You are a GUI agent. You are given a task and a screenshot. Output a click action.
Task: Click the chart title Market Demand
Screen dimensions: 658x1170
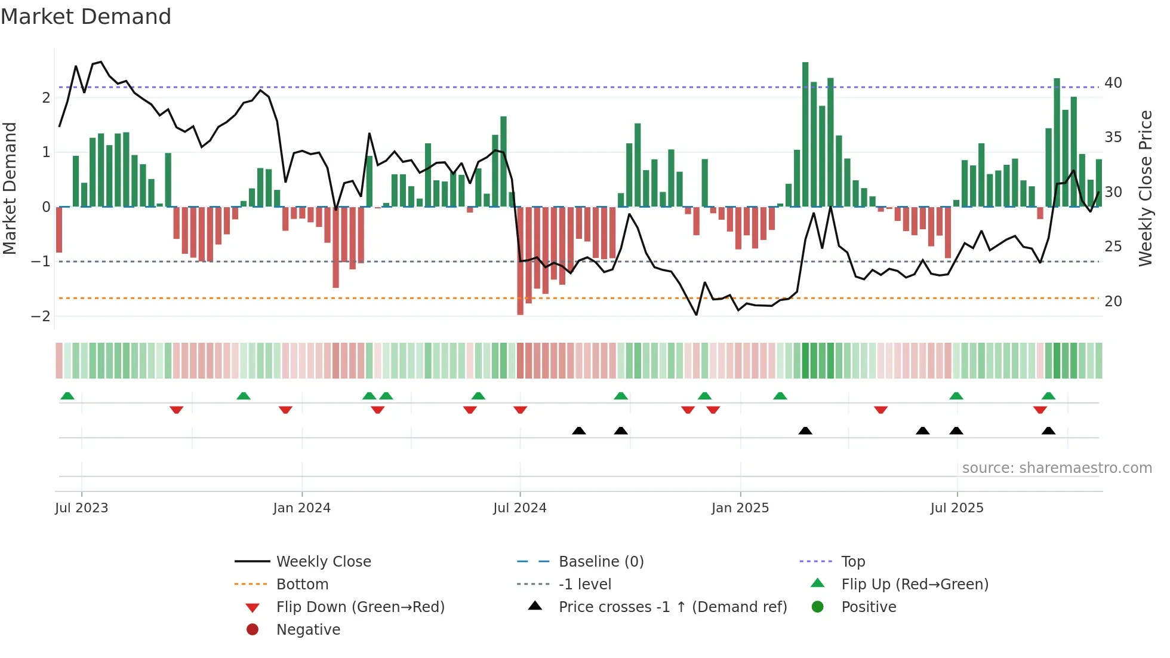86,17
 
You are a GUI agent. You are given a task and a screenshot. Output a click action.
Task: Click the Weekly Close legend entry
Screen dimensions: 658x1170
323,561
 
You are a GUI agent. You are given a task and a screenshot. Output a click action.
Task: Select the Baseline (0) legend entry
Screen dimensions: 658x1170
601,561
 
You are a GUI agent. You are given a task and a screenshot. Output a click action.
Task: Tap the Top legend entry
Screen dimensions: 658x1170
852,561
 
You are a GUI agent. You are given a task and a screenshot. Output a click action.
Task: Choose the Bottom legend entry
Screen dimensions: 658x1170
302,584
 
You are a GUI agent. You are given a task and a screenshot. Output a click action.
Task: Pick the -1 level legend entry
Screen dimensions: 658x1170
584,584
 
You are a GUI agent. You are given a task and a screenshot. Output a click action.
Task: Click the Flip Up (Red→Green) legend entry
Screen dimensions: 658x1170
915,584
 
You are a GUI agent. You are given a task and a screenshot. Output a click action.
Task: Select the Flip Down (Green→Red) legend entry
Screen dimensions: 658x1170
360,607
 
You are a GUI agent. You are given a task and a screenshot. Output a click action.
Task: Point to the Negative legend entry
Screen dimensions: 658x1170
308,629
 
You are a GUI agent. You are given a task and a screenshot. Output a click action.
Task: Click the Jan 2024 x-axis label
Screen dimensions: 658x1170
301,508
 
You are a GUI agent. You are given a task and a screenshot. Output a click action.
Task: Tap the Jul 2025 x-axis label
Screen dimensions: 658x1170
956,508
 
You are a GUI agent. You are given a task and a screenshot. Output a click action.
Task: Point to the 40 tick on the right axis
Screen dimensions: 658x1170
1113,82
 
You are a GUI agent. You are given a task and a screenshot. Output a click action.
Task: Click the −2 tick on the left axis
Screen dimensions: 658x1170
41,316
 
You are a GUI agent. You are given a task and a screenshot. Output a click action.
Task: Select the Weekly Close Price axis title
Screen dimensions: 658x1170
1145,188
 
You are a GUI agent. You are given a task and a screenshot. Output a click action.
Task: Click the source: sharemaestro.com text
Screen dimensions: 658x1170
1057,468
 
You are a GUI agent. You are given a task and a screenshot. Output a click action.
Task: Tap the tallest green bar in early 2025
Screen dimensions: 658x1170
805,134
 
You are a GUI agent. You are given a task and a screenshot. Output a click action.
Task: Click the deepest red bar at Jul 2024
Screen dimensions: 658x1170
520,260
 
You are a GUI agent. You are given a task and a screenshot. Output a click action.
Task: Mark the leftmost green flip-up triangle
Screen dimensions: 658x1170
67,396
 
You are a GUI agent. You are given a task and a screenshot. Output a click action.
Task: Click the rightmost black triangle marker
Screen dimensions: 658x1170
1048,431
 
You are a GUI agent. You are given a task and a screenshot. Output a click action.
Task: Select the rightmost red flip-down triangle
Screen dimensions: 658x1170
1040,410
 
